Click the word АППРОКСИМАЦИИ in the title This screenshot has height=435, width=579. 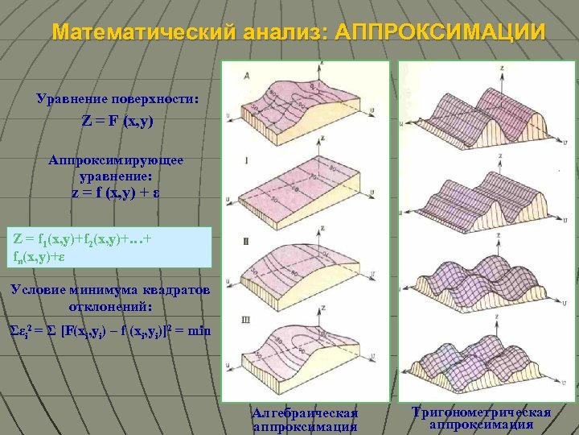coord(438,32)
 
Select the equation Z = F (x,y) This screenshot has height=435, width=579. coord(117,122)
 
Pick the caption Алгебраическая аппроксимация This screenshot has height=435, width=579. coord(305,420)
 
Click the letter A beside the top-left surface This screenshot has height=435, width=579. coord(247,75)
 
